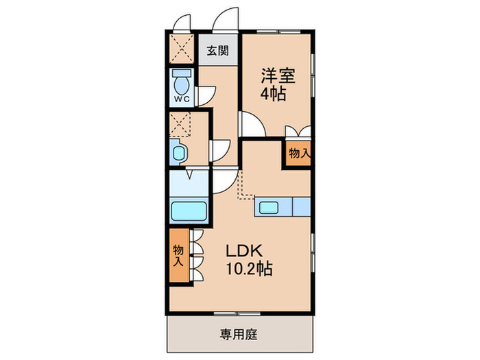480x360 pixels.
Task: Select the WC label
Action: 181,99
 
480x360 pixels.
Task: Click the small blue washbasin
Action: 178,152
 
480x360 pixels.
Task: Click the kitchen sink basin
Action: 268,207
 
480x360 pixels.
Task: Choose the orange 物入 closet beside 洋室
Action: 298,154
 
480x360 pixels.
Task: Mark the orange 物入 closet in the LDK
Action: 178,255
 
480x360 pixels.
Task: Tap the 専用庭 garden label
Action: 238,335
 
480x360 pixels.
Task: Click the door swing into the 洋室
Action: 250,125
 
